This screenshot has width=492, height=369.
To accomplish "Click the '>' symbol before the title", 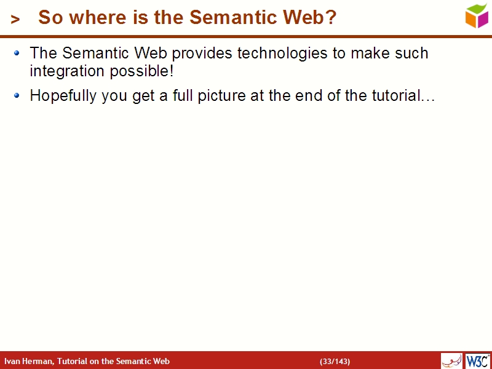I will click(x=15, y=20).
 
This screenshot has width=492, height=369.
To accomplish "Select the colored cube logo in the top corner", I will click(x=477, y=15).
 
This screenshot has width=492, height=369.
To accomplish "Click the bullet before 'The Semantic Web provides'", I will click(x=17, y=54).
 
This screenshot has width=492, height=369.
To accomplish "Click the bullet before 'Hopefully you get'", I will click(x=17, y=96).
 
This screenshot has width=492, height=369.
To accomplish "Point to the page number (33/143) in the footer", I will click(x=335, y=361).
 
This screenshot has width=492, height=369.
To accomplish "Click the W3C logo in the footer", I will click(x=478, y=360).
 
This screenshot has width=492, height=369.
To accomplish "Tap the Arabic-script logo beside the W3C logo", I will click(x=451, y=361).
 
